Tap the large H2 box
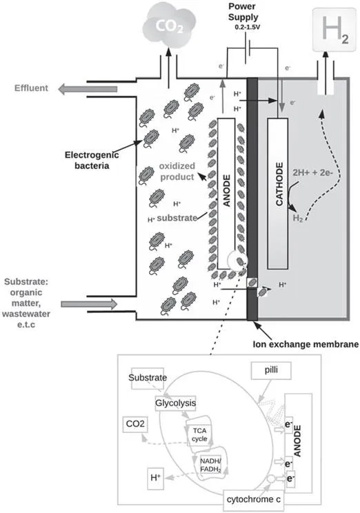tap(334, 30)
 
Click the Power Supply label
tap(243, 12)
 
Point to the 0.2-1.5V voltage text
tap(248, 27)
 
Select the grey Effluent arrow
tap(88, 89)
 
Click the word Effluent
tap(31, 88)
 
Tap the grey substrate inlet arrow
tap(89, 304)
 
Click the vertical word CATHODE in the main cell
tap(279, 184)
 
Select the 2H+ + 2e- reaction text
tap(312, 173)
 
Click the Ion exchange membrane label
tap(306, 344)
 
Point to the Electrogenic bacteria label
tap(92, 160)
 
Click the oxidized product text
tap(177, 172)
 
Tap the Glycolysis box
tap(175, 403)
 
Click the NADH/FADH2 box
tap(210, 465)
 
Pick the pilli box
tap(271, 370)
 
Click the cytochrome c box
tap(253, 499)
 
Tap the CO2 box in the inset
tap(135, 424)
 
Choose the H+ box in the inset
tap(155, 479)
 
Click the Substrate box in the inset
tap(148, 378)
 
